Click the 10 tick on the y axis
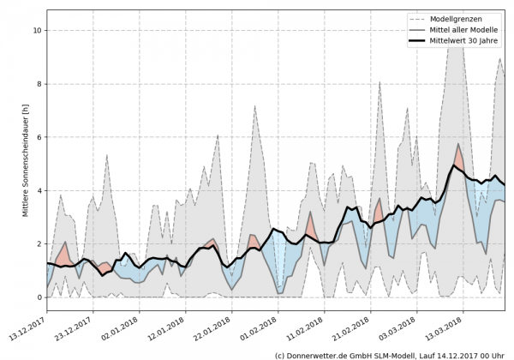pyautogui.click(x=36, y=30)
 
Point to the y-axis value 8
pyautogui.click(x=38, y=84)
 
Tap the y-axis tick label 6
pyautogui.click(x=38, y=137)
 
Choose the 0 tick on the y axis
pyautogui.click(x=38, y=297)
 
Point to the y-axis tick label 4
pyautogui.click(x=38, y=190)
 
